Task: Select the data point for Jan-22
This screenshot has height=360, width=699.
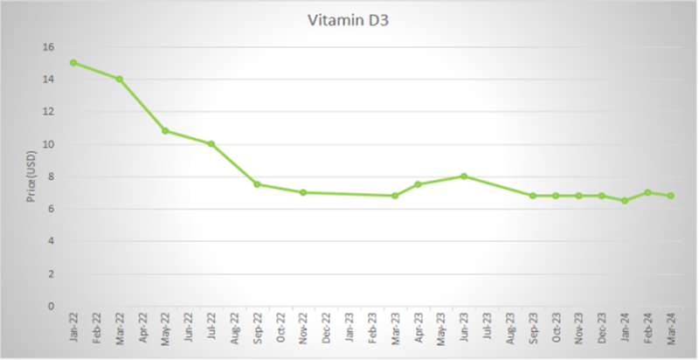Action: [73, 62]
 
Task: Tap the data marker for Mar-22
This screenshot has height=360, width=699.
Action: [120, 79]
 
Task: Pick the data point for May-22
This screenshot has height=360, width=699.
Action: [165, 131]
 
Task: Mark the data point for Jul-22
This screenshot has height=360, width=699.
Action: [211, 143]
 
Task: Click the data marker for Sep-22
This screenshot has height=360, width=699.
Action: [257, 184]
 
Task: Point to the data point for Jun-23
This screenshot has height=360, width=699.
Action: [464, 176]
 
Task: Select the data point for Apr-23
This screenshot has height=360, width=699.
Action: [418, 184]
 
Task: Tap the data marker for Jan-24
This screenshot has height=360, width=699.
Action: [625, 201]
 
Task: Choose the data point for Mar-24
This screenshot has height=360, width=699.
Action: [670, 196]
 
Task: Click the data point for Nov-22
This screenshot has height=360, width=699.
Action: [303, 192]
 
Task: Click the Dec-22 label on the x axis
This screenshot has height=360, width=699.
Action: [327, 329]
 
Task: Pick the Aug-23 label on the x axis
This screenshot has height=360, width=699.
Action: [510, 329]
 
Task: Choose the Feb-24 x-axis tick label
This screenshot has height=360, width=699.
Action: [648, 329]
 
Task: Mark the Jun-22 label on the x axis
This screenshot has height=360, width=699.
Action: [189, 329]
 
